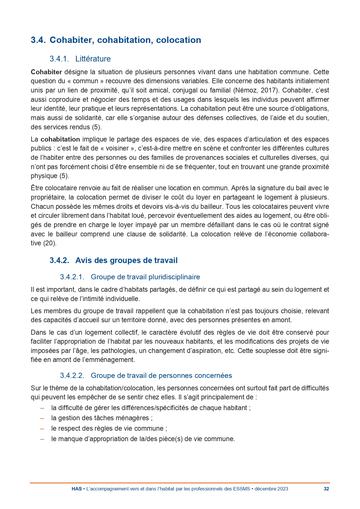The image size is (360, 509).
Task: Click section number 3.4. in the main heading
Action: pyautogui.click(x=38, y=40)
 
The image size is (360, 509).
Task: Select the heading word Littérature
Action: pyautogui.click(x=93, y=59)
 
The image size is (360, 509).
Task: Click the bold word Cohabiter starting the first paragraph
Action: pyautogui.click(x=46, y=72)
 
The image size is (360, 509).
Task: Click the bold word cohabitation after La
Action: pyautogui.click(x=60, y=139)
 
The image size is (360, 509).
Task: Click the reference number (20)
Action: pyautogui.click(x=50, y=243)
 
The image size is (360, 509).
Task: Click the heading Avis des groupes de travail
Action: pyautogui.click(x=126, y=260)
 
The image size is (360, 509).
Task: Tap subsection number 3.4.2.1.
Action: pyautogui.click(x=72, y=277)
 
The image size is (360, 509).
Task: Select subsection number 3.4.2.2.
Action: pyautogui.click(x=72, y=376)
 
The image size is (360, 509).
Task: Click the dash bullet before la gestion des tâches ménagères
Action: pyautogui.click(x=42, y=418)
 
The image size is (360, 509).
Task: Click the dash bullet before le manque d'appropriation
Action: pyautogui.click(x=42, y=439)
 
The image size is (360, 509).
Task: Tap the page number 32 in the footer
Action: pyautogui.click(x=326, y=489)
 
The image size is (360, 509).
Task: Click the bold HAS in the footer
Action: pyautogui.click(x=77, y=489)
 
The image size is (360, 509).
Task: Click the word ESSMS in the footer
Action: pyautogui.click(x=241, y=489)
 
